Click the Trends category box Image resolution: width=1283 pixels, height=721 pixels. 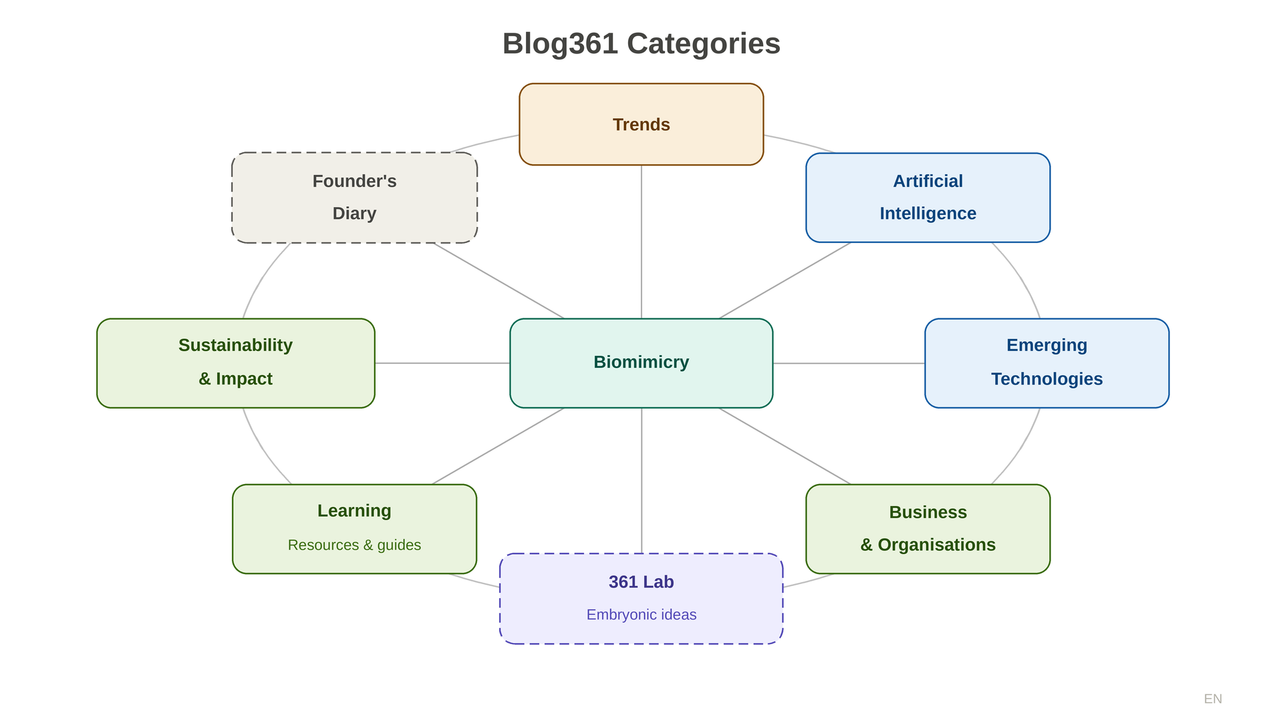tap(641, 125)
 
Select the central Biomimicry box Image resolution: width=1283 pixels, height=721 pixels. tap(641, 363)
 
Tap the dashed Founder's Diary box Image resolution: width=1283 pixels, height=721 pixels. tap(354, 198)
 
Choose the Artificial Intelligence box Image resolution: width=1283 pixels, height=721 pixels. tap(928, 198)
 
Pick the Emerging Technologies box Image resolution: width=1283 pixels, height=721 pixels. tap(1046, 363)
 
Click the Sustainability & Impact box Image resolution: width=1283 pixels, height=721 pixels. tap(235, 363)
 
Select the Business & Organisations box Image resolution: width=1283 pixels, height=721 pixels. tap(928, 528)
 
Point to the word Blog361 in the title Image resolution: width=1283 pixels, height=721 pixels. tap(560, 44)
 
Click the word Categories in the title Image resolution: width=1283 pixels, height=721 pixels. tap(703, 44)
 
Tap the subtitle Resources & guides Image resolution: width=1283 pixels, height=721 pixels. tap(354, 545)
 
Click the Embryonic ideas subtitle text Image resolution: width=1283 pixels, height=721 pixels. tap(641, 614)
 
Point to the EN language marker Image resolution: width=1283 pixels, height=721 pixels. tap(1213, 698)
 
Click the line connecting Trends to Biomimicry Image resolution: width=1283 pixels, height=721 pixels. tap(641, 240)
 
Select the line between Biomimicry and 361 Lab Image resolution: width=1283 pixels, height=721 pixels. tap(641, 481)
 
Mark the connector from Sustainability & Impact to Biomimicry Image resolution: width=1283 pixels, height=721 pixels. tap(441, 363)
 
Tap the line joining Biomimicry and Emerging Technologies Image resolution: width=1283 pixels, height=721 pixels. tap(849, 363)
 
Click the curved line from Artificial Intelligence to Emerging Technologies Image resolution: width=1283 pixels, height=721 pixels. tap(1022, 277)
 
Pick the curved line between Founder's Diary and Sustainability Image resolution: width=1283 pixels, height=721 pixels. tap(261, 277)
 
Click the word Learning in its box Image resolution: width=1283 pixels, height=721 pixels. tap(354, 511)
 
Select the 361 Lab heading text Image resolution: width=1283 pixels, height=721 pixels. tap(641, 582)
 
